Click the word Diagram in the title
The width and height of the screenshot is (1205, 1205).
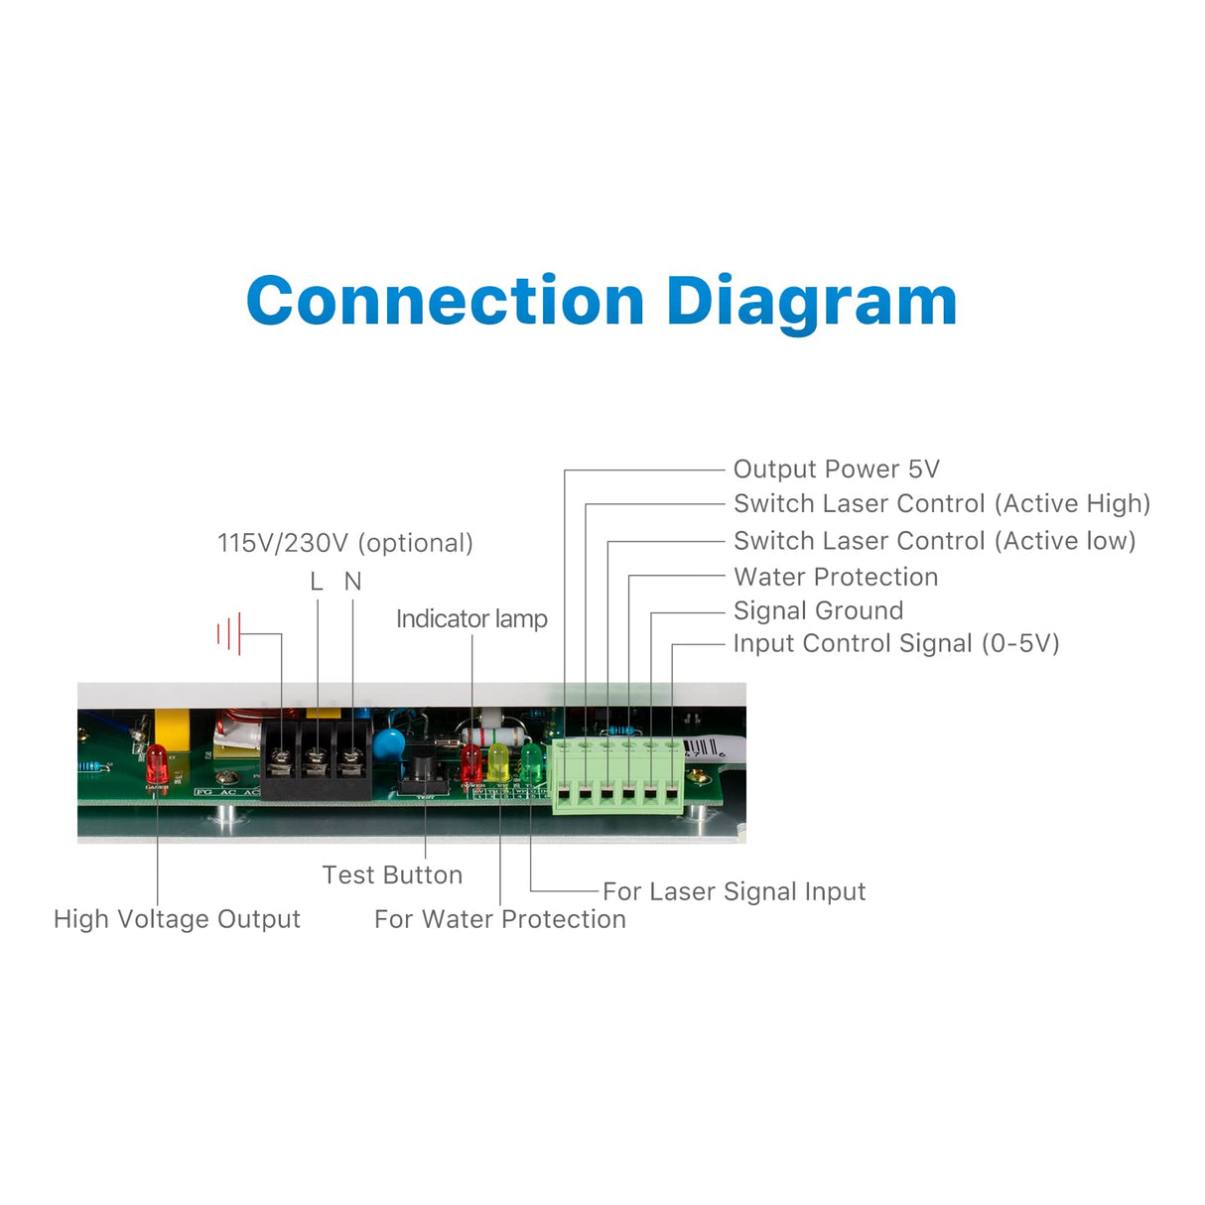coord(811,303)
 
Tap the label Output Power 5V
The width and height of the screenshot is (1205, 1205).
coord(836,469)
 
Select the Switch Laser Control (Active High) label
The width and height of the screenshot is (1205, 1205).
coord(941,504)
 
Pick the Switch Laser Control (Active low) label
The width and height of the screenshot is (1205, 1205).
coord(934,541)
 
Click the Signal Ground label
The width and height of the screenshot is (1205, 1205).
coord(818,610)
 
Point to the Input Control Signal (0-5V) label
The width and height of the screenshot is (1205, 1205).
coord(895,644)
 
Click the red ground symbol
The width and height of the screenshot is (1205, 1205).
coord(229,633)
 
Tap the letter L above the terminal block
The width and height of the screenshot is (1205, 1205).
coord(317,582)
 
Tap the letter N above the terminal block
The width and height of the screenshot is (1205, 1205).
coord(352,582)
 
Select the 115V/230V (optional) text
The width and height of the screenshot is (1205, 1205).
coord(344,543)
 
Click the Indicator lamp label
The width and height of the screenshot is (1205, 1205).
coord(471,619)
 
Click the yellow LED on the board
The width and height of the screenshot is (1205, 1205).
coord(498,762)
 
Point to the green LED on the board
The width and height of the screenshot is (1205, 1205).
coord(532,762)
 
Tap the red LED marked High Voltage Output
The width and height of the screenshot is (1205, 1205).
coord(157,765)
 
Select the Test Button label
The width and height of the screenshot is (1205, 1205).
coord(392,875)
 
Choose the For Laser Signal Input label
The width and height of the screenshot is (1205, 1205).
coord(734,891)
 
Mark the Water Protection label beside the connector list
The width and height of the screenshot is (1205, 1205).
coord(835,577)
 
